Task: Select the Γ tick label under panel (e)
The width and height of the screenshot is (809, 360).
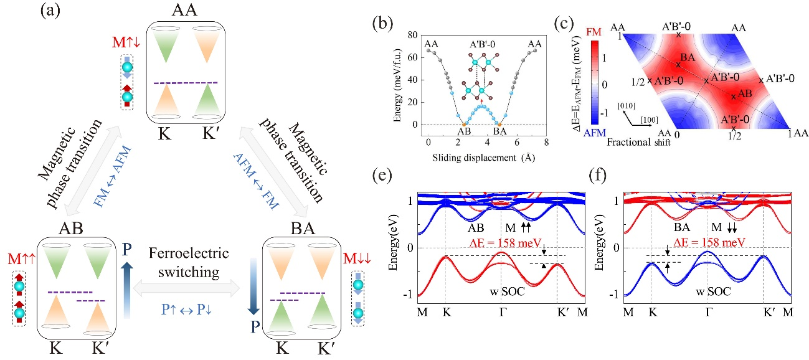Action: point(501,310)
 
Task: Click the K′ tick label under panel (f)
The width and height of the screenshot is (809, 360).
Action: point(765,310)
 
